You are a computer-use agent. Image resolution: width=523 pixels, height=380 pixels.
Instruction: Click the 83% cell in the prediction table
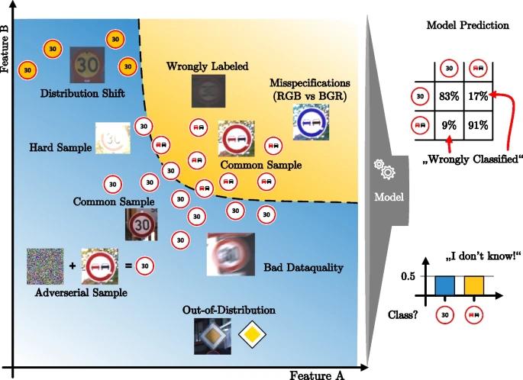tap(449, 96)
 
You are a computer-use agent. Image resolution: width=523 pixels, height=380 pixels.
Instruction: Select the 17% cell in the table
tap(478, 96)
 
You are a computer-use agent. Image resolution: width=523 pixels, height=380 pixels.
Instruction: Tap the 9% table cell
tap(449, 125)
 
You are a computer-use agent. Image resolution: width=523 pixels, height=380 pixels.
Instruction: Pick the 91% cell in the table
tap(478, 125)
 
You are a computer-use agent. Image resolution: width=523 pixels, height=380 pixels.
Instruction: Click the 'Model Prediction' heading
tap(467, 25)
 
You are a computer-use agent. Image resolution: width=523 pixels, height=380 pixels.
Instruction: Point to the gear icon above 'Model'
tap(385, 169)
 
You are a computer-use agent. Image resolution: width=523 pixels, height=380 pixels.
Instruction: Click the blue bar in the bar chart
tap(444, 285)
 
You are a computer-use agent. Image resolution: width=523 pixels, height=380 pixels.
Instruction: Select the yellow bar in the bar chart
tap(474, 285)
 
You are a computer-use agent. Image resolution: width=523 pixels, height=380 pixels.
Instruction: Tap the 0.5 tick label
tap(408, 276)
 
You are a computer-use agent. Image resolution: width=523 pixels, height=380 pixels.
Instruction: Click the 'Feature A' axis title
tap(316, 375)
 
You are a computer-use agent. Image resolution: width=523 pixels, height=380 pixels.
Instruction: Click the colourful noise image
tap(45, 266)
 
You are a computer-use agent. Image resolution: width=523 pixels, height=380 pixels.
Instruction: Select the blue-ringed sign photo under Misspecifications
tap(311, 122)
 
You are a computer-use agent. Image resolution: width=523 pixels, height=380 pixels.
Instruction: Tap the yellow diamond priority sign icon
tap(252, 335)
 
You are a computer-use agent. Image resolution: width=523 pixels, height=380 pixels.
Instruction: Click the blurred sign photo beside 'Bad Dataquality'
tap(231, 254)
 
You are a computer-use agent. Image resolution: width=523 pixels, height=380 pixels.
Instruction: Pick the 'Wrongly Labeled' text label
tap(207, 66)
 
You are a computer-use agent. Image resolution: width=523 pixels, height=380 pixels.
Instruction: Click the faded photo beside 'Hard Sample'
tap(113, 138)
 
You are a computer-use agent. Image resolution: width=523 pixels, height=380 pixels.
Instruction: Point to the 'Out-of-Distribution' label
tap(229, 310)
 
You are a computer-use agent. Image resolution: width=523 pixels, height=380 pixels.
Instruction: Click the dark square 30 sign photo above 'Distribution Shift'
tap(87, 65)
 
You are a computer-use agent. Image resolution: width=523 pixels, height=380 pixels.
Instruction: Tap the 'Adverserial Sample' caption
tap(81, 293)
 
